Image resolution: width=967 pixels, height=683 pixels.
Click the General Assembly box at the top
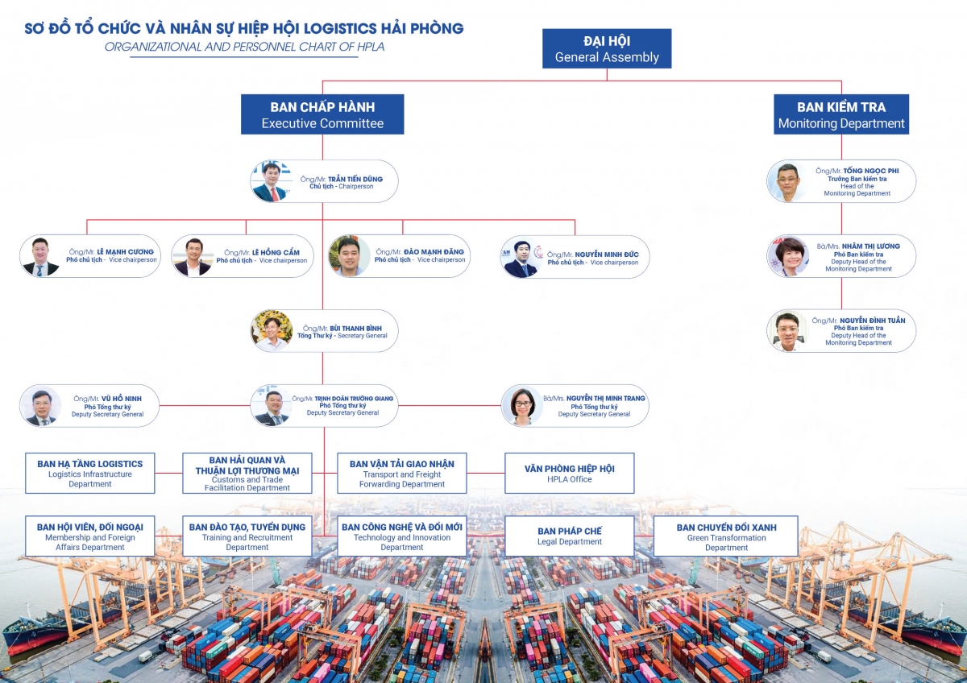pyautogui.click(x=606, y=48)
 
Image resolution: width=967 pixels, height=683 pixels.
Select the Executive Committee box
pyautogui.click(x=322, y=114)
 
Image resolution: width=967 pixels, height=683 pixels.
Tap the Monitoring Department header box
pyautogui.click(x=841, y=114)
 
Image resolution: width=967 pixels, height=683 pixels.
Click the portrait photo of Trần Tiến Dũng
pyautogui.click(x=271, y=181)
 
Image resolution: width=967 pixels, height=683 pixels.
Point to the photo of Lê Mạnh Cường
pyautogui.click(x=40, y=257)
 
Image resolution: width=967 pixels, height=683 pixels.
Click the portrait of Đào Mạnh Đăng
pyautogui.click(x=349, y=257)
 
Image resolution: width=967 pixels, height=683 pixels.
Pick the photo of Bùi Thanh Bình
pyautogui.click(x=272, y=331)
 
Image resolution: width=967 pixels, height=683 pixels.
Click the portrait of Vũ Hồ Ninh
pyautogui.click(x=40, y=406)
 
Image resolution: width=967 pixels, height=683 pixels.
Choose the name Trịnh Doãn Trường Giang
pyautogui.click(x=354, y=399)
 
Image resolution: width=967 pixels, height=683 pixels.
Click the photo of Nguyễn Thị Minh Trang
pyautogui.click(x=521, y=406)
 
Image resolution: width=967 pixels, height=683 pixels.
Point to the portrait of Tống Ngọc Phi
pyautogui.click(x=786, y=181)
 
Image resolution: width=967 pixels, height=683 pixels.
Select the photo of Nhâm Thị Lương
pyautogui.click(x=787, y=257)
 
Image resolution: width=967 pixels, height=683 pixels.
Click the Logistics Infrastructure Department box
pyautogui.click(x=90, y=474)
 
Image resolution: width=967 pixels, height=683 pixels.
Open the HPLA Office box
pyautogui.click(x=570, y=474)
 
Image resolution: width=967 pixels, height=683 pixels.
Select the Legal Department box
pyautogui.click(x=570, y=536)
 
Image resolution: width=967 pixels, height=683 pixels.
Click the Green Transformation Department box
pyautogui.click(x=726, y=536)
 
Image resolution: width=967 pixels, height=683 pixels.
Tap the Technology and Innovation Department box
pyautogui.click(x=402, y=536)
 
